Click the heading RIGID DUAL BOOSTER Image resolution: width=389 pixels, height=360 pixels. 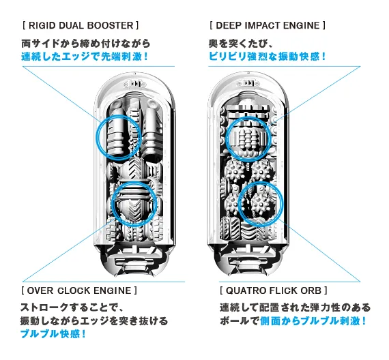[81, 25]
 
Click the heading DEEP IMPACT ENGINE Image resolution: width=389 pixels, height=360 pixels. [268, 25]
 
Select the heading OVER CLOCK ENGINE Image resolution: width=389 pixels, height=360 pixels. [79, 290]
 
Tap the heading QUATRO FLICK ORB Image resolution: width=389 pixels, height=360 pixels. [274, 290]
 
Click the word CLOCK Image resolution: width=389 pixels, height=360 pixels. [73, 290]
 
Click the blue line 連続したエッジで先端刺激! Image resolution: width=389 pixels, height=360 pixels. [85, 57]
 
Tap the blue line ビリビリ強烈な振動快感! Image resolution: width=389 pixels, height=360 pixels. [267, 57]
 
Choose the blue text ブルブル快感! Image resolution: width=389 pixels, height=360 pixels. [53, 334]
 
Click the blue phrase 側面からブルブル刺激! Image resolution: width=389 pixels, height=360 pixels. [313, 321]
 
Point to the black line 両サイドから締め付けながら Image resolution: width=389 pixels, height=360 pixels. [86, 44]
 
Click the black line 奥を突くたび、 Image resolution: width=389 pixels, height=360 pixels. [241, 44]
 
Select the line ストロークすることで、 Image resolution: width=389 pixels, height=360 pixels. [72, 307]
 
